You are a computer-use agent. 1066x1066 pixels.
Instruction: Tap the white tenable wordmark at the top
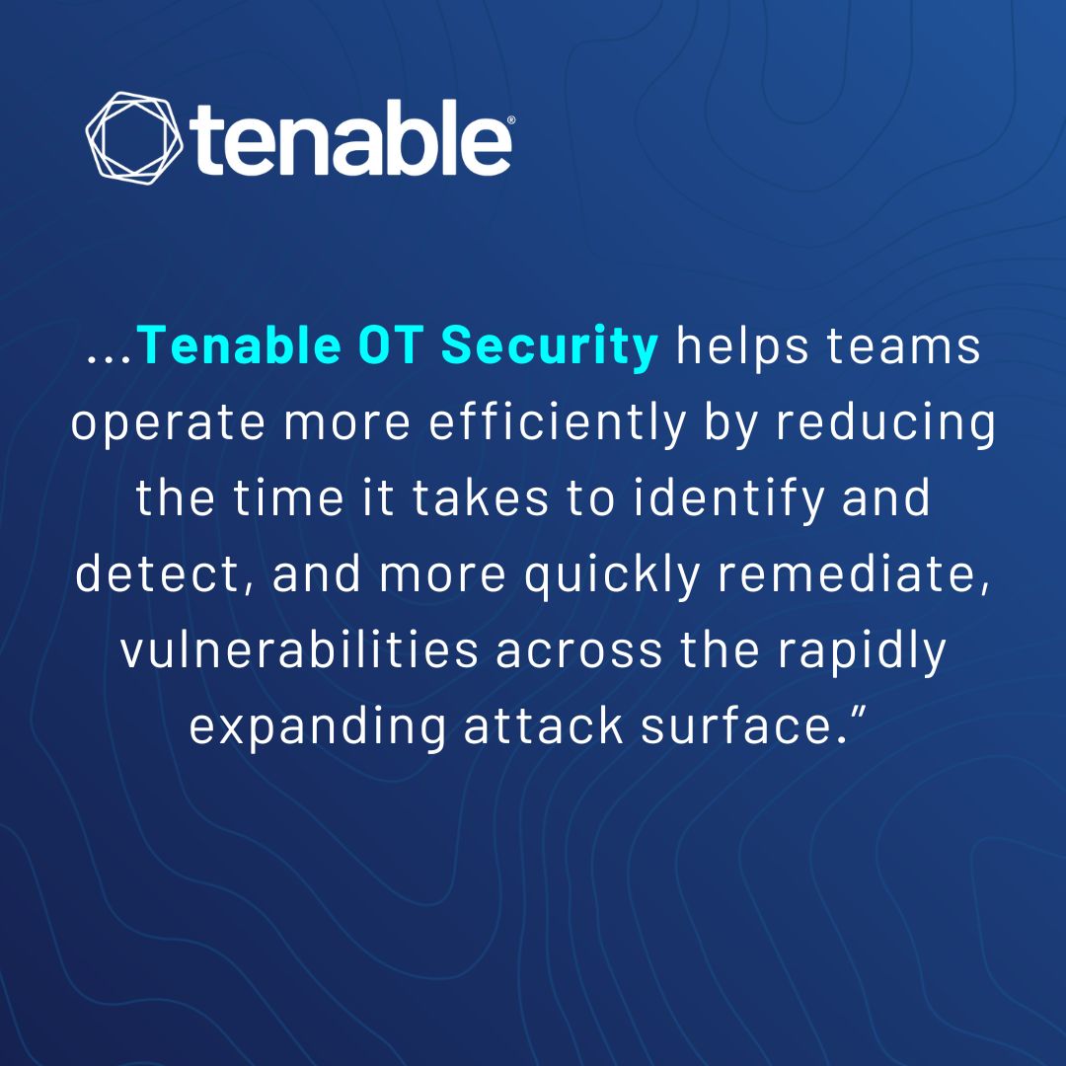click(350, 143)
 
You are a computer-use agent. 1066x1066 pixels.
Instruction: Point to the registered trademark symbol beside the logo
click(509, 119)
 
